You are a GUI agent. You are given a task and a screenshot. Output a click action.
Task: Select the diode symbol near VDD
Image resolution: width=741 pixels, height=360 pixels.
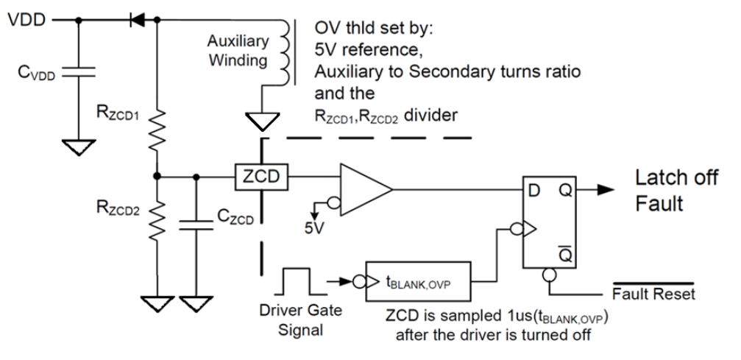tap(136, 21)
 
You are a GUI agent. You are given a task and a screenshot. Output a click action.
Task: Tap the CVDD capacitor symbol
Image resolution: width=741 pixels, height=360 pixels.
tap(73, 74)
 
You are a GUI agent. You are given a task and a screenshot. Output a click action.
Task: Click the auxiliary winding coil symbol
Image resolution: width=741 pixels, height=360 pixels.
tap(282, 52)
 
